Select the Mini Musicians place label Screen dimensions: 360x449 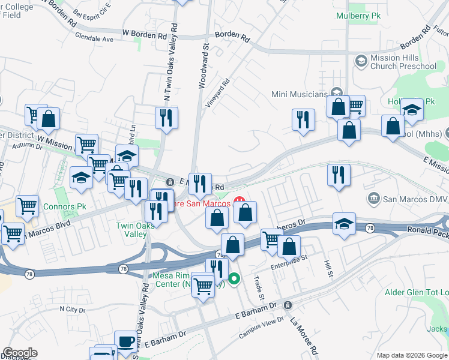click(300, 94)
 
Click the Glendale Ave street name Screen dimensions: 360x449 click(94, 38)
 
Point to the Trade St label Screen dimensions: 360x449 click(259, 288)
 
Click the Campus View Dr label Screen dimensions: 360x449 click(261, 327)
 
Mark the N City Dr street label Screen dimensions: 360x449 click(73, 309)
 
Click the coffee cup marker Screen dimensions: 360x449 click(125, 341)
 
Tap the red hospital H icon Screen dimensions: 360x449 click(239, 201)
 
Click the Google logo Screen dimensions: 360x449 click(20, 353)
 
